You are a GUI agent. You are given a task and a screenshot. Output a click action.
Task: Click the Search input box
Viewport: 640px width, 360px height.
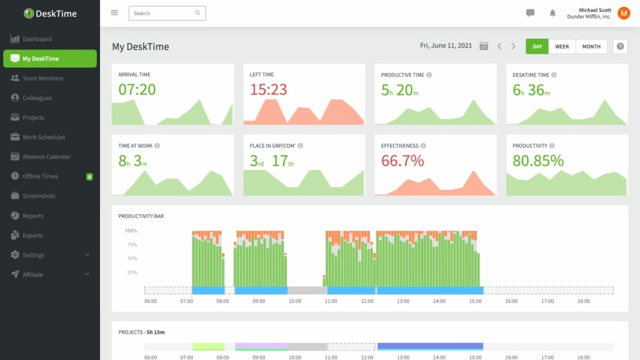pyautogui.click(x=164, y=13)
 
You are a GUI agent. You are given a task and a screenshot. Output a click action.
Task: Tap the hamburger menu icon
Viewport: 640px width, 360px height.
pyautogui.click(x=114, y=12)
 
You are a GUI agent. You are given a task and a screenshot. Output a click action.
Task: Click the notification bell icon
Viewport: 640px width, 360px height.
pyautogui.click(x=552, y=13)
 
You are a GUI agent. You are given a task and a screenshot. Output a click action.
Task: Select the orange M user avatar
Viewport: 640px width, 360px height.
pyautogui.click(x=624, y=13)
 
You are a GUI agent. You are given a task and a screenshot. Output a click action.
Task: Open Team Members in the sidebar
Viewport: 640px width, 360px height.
pyautogui.click(x=42, y=78)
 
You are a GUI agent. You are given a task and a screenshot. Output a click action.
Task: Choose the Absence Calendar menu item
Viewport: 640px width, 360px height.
pyautogui.click(x=46, y=157)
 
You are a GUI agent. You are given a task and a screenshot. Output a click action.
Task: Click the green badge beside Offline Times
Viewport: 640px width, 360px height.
pyautogui.click(x=89, y=177)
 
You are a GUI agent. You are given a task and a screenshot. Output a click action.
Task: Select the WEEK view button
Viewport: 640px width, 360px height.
pyautogui.click(x=562, y=46)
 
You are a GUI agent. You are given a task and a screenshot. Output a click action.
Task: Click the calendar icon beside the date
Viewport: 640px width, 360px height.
pyautogui.click(x=484, y=46)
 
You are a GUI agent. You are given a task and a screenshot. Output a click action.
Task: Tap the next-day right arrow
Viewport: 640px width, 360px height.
pyautogui.click(x=514, y=46)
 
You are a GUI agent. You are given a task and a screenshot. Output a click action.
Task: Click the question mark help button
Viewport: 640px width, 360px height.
pyautogui.click(x=620, y=46)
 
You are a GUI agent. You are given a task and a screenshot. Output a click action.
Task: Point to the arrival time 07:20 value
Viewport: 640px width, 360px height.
pyautogui.click(x=137, y=89)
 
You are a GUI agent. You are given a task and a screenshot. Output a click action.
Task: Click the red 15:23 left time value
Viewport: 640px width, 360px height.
pyautogui.click(x=268, y=89)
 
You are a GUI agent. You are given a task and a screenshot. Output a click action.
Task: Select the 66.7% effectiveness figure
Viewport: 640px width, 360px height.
pyautogui.click(x=402, y=161)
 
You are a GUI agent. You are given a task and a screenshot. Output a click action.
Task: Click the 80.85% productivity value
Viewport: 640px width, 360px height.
pyautogui.click(x=537, y=161)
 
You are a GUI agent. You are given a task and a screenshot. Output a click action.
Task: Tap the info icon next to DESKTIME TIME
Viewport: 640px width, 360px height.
pyautogui.click(x=554, y=75)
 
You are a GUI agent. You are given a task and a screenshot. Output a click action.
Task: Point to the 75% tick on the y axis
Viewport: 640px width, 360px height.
pyautogui.click(x=132, y=244)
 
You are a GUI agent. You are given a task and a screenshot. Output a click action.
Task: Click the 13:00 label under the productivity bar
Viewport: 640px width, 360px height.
pyautogui.click(x=403, y=301)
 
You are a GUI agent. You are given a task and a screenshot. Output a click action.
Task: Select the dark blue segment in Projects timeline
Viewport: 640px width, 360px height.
pyautogui.click(x=430, y=346)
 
